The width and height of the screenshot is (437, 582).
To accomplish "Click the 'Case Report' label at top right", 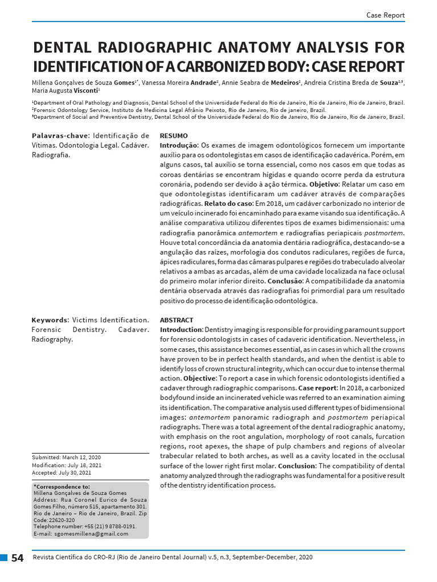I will point(385,15).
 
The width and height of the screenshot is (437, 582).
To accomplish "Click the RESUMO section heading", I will point(174,136).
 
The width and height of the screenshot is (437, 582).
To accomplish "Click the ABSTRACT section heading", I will point(176,320).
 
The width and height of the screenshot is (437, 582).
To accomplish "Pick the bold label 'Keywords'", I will point(49,320).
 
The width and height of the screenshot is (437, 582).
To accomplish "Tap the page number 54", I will point(18,558).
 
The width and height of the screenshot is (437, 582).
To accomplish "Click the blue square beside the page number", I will point(3,558).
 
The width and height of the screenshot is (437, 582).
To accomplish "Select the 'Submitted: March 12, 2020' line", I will point(66,458).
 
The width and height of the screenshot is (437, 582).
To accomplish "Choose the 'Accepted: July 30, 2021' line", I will point(61,472).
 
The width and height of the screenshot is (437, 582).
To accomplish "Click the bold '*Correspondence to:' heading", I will point(62,487).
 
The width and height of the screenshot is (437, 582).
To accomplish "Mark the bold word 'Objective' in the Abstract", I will point(199,378).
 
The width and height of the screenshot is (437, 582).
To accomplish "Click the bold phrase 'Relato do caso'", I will point(228,203).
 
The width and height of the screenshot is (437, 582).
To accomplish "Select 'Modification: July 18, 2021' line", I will point(67,465).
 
